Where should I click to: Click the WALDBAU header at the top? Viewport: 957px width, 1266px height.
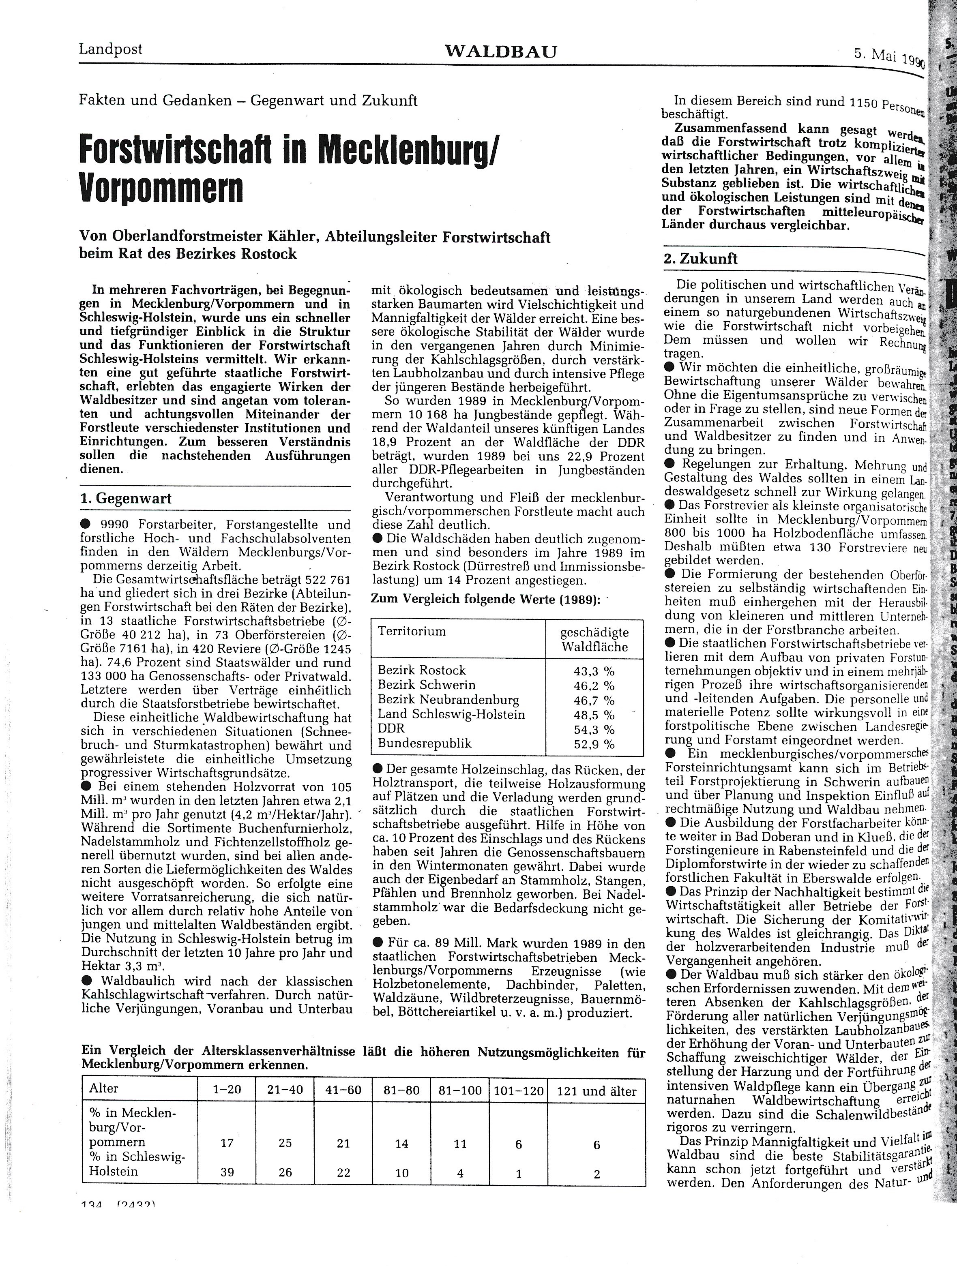500,52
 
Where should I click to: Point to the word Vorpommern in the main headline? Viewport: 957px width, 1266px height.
161,188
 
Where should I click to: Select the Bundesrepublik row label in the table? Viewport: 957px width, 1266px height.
425,743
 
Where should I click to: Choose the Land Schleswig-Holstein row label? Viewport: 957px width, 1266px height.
451,714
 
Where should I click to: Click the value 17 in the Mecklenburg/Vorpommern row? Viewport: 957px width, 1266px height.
227,1127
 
